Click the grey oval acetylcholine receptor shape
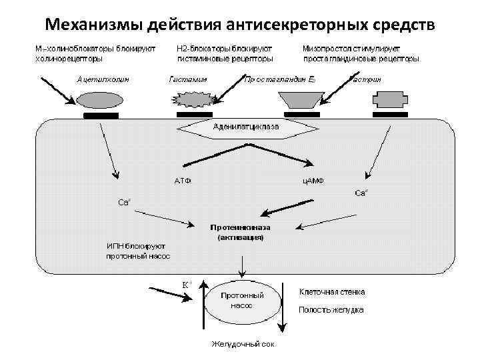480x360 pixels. [101, 100]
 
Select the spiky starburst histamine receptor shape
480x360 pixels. [193, 100]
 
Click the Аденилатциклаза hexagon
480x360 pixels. [246, 126]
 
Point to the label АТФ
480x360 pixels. [183, 180]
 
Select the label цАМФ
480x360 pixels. [313, 180]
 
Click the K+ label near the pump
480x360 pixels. [187, 283]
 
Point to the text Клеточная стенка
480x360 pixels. [331, 292]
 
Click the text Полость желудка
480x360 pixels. [331, 310]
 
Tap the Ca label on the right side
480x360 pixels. [360, 193]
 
